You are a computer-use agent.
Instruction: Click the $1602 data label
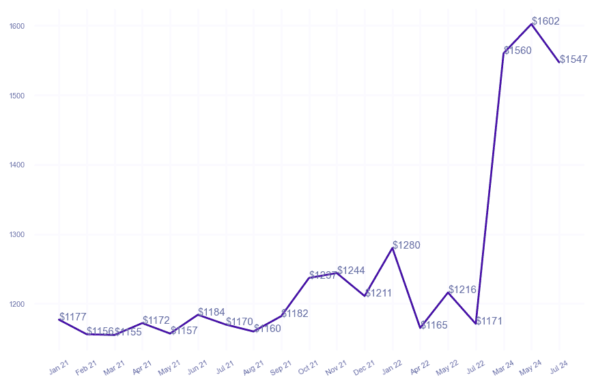[545, 21]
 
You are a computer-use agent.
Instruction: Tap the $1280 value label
[406, 245]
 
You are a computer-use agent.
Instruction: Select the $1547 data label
[573, 59]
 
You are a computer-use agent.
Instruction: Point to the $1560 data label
[517, 51]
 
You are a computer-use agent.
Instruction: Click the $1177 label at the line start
[73, 317]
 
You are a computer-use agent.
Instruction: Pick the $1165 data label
[434, 325]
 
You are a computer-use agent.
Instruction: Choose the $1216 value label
[462, 290]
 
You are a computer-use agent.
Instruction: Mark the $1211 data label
[378, 294]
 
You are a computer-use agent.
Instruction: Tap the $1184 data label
[212, 312]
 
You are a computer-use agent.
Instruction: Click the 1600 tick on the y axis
[17, 26]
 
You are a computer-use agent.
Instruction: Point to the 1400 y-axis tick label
[17, 165]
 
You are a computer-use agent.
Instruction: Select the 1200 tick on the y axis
[17, 304]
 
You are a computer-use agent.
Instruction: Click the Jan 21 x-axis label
[59, 368]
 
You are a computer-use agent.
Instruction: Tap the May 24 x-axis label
[530, 368]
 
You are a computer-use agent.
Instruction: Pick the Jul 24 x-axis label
[558, 368]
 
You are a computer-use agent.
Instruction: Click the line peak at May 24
[532, 24]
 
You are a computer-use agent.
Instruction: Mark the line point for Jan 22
[393, 248]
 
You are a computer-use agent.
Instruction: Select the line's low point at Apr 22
[421, 328]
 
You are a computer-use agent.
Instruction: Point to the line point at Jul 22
[476, 324]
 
